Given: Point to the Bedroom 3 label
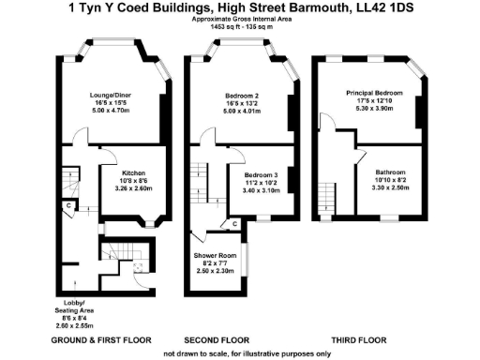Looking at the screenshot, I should pos(262,175).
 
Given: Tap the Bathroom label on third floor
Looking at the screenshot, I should pos(389,172).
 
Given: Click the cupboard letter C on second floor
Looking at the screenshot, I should pos(234,223).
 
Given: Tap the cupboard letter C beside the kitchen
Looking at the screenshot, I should pos(68,204).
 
